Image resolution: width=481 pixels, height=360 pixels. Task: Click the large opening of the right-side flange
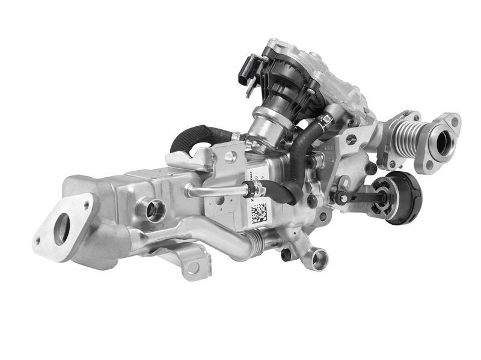coord(444,142)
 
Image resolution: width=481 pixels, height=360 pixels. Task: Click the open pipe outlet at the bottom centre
coord(319,259)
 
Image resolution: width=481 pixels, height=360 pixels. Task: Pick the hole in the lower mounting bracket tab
coord(192,267)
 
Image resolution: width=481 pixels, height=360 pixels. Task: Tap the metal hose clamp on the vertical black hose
coord(325,122)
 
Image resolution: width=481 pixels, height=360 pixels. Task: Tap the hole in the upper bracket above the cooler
coord(229,157)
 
